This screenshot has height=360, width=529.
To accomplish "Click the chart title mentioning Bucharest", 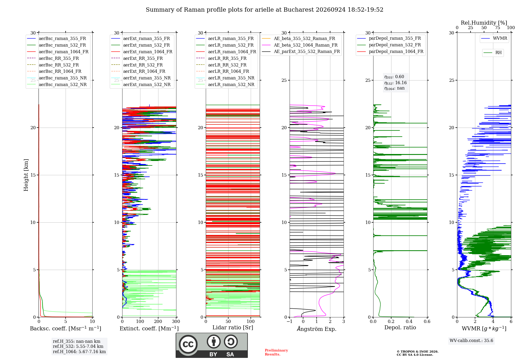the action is tap(264, 10).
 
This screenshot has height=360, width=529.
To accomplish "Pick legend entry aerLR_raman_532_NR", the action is tap(225, 84).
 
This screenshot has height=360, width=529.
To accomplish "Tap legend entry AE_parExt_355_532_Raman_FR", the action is tap(301, 51).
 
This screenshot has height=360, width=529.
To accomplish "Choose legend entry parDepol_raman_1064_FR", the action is tap(390, 51).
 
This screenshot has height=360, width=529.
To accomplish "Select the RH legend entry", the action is tap(493, 53).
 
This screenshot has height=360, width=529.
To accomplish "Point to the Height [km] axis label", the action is tap(26, 175).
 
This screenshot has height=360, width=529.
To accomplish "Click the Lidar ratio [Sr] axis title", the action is tap(233, 327).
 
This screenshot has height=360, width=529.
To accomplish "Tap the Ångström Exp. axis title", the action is tap(317, 329).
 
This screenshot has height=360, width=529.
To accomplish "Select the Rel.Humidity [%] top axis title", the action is tap(484, 23).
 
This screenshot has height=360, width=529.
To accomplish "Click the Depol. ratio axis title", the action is tap(400, 327).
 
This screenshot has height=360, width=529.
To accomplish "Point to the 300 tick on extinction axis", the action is tap(176, 321).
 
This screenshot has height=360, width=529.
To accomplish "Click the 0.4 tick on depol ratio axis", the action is tap(409, 321).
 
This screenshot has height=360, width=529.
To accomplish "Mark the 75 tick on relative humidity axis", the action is tap(498, 28).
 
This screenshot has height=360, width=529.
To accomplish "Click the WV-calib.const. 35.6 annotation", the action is tap(471, 340).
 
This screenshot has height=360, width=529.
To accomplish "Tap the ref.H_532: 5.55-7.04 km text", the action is tap(78, 346).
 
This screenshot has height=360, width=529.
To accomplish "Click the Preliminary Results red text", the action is tap(276, 352).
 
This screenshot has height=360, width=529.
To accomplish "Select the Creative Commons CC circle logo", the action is tap(188, 344).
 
